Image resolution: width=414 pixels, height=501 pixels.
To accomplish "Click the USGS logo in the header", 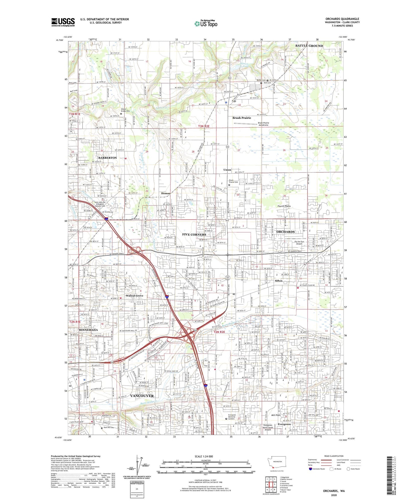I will tap(63, 22).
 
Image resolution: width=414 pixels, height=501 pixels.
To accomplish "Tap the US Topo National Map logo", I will tap(206, 24).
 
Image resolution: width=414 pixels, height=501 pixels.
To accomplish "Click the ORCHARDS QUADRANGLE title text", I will tap(342, 19).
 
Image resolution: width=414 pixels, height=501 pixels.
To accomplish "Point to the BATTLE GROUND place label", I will tap(309, 46).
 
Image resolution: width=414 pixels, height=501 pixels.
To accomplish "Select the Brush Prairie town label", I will tap(242, 118).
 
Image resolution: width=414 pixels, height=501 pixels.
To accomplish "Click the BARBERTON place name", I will tap(107, 158).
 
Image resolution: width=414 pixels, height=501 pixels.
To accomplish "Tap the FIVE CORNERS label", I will tap(194, 234).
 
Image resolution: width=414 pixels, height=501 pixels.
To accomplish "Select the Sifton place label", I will tap(278, 281).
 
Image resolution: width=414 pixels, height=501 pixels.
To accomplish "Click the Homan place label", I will tap(166, 193).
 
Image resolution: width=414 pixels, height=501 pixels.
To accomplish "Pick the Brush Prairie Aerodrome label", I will tap(263, 124).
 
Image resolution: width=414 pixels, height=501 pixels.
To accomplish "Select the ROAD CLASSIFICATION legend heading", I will tap(333, 456).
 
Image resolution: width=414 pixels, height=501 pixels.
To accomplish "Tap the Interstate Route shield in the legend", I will tap(311, 469).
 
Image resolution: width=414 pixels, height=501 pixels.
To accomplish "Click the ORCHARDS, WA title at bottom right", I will tap(334, 491).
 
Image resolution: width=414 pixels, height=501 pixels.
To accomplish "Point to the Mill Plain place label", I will tap(276, 415).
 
